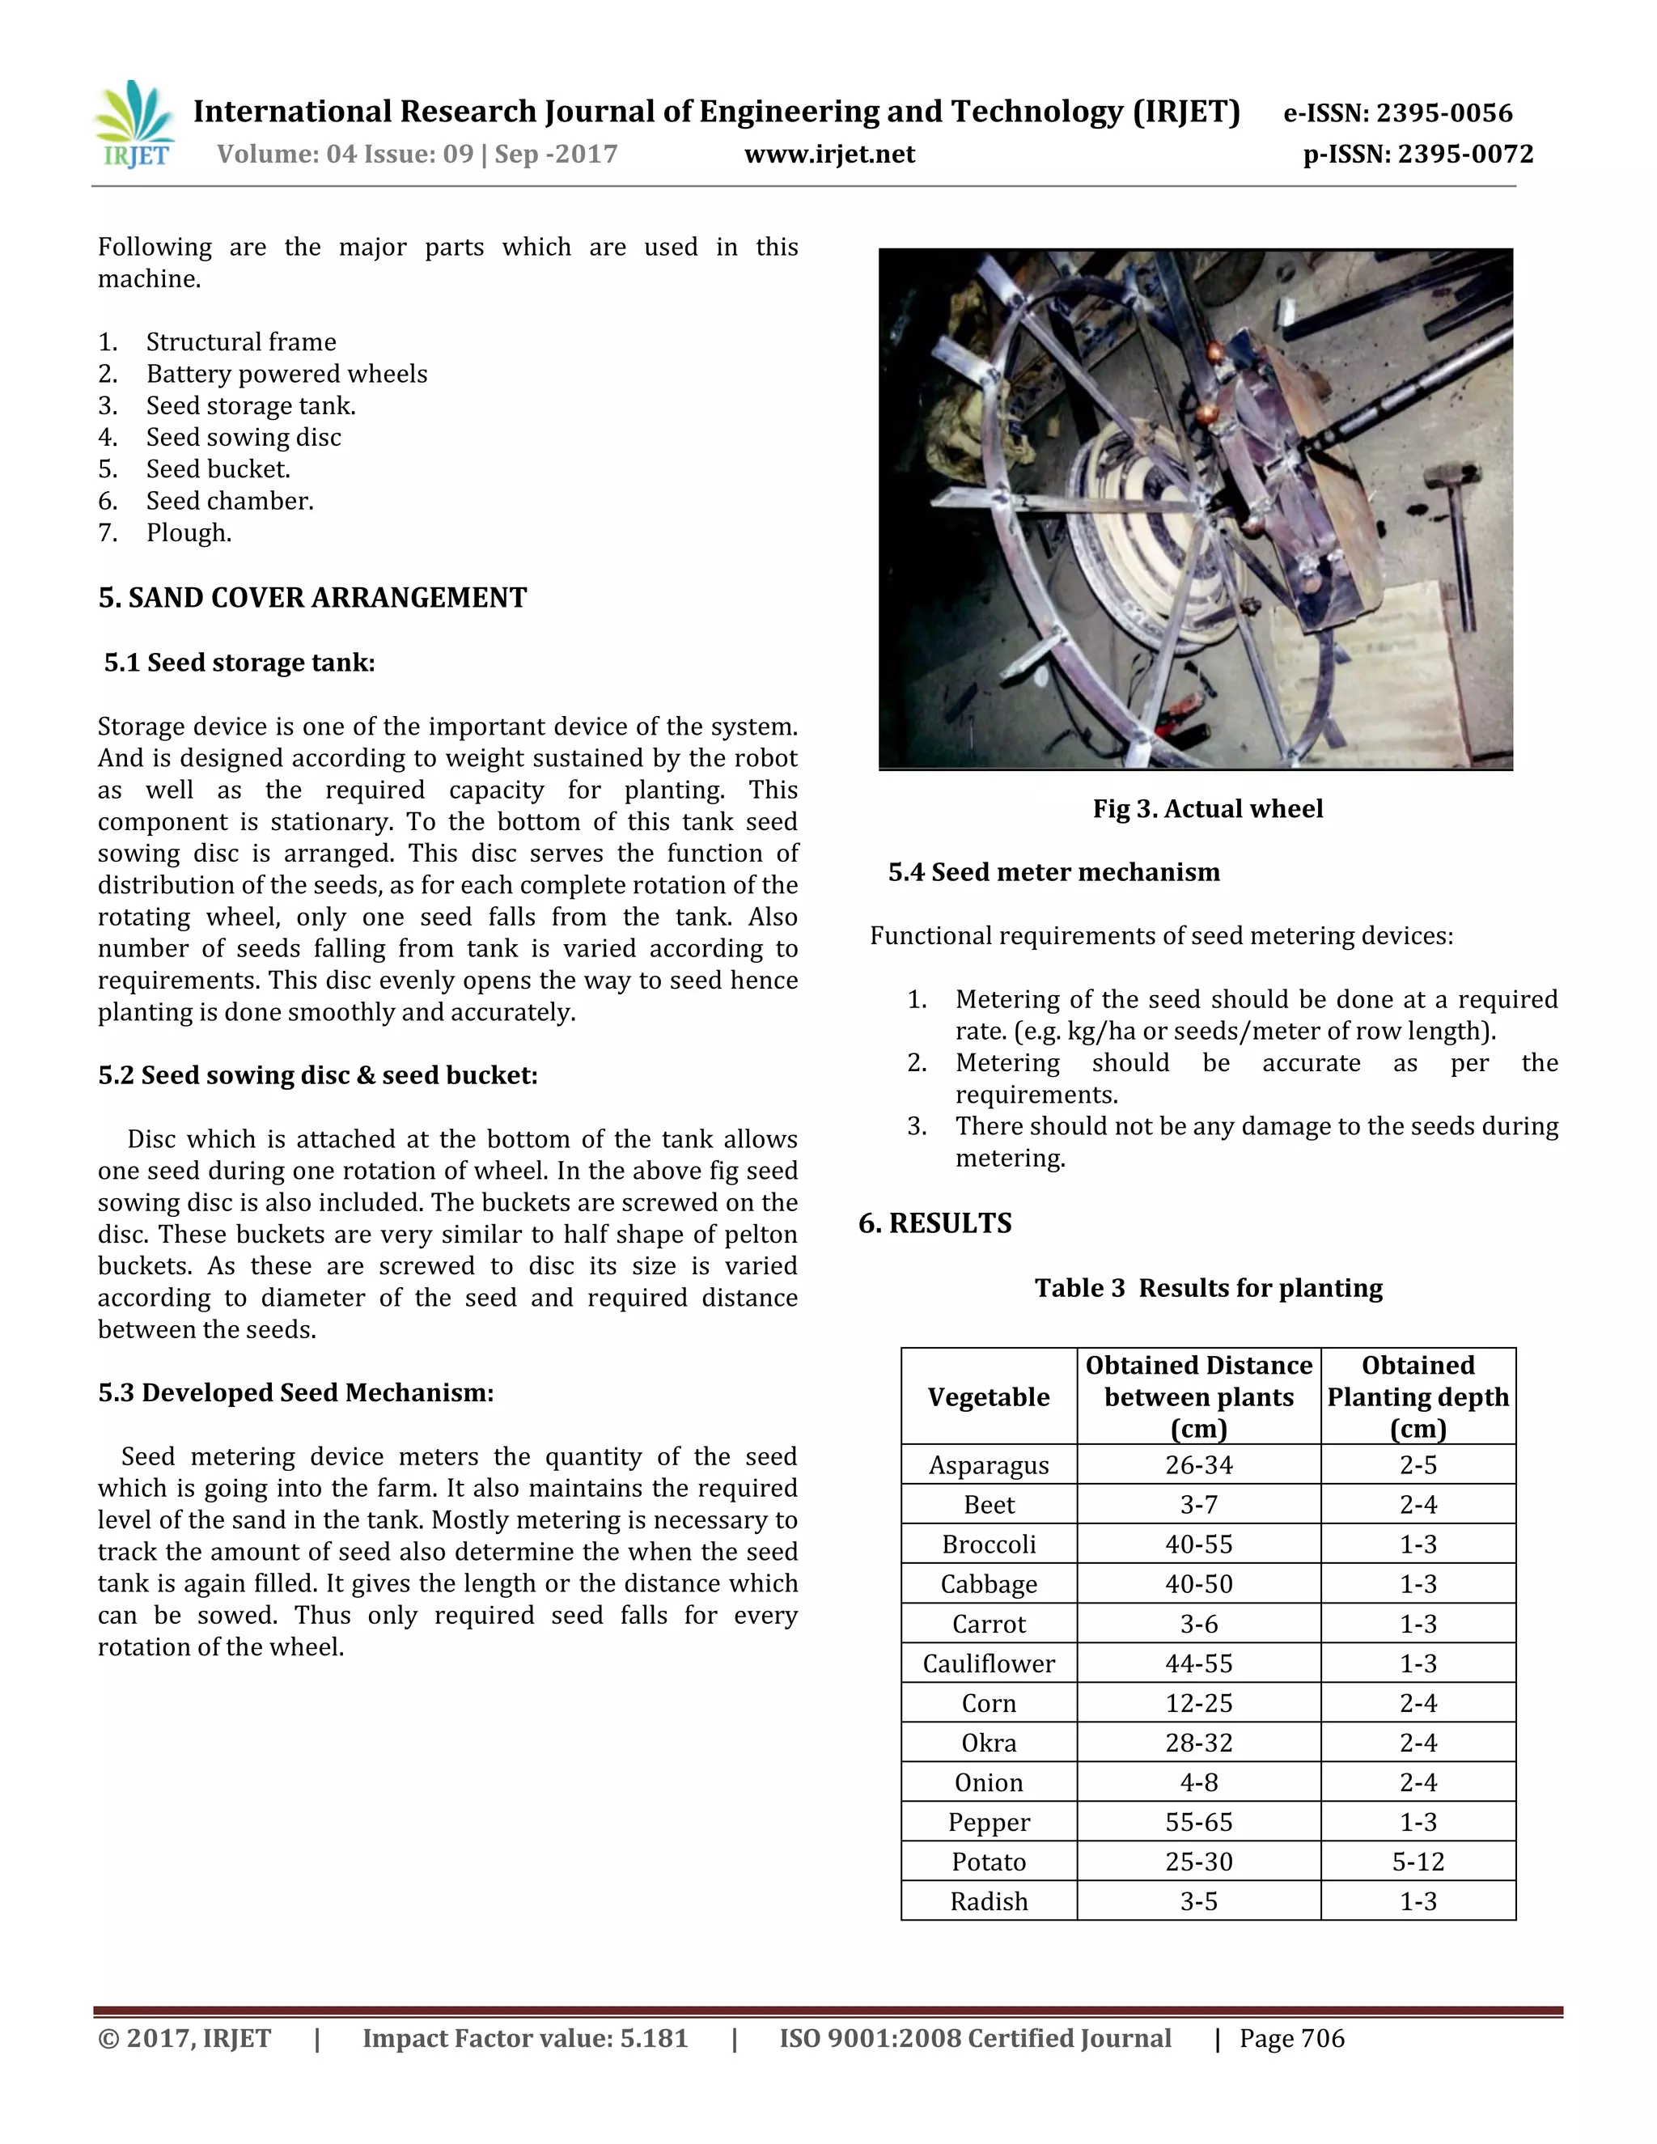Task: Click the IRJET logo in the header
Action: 134,125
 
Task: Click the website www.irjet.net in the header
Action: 829,154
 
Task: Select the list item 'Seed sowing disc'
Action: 244,437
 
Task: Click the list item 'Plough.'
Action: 189,533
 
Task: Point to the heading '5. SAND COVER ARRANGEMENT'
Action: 312,598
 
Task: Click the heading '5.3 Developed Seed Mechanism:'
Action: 295,1392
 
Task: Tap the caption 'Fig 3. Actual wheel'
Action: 1207,809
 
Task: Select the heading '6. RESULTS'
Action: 934,1223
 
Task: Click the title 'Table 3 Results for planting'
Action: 1207,1288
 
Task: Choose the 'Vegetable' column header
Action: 989,1397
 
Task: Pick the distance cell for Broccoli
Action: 1198,1544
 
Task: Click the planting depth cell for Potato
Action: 1418,1862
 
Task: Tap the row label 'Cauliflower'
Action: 989,1663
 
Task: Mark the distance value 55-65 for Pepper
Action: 1198,1822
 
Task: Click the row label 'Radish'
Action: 989,1901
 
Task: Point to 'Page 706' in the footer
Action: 1292,2038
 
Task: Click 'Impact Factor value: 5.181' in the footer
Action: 525,2038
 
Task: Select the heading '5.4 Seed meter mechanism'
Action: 1053,871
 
